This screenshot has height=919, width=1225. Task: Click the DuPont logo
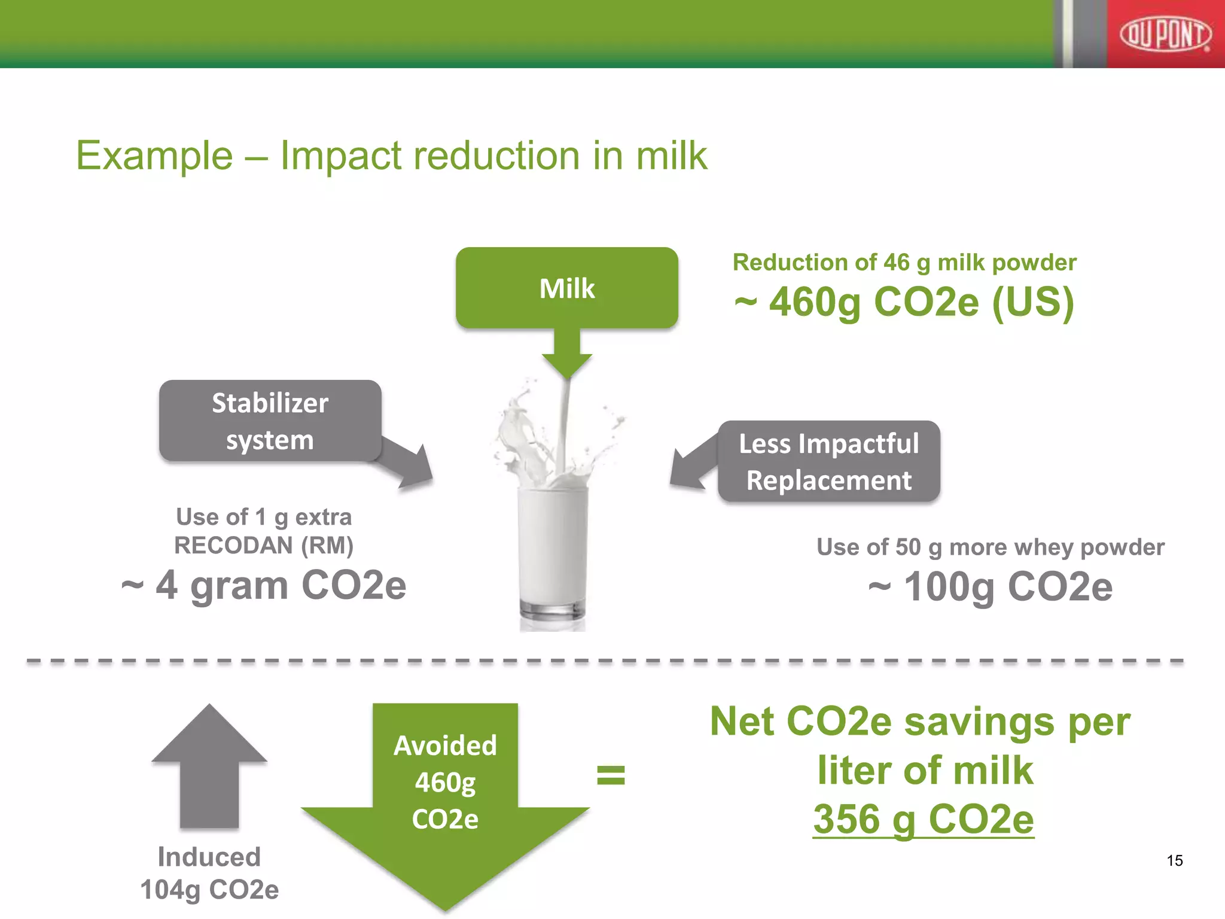[1165, 35]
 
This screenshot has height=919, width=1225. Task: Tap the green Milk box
[566, 288]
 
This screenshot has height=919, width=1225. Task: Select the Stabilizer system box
[270, 421]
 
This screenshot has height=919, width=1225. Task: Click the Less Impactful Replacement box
[828, 461]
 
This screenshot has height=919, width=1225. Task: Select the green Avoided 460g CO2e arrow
[445, 802]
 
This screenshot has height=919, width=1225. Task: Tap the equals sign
[611, 775]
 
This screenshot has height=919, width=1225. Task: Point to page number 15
[1174, 860]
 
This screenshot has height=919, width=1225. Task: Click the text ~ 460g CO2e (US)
[904, 302]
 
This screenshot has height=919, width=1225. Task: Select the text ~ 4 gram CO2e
[263, 585]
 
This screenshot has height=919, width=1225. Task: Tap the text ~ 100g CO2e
[990, 587]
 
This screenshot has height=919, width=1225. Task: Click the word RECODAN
[234, 546]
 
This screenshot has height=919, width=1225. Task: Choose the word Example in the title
[154, 156]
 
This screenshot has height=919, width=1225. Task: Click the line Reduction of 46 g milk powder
[904, 263]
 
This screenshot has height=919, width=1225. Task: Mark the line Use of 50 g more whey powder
[990, 547]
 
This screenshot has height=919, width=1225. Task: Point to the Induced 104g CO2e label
[209, 873]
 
